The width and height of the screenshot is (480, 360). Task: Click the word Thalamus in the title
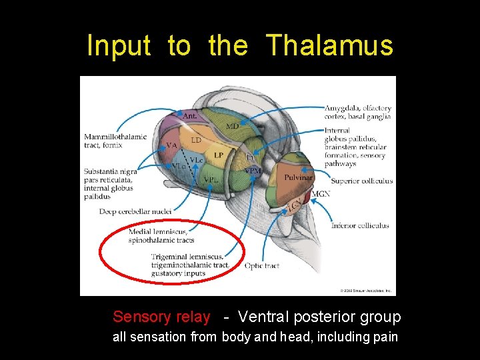point(330,46)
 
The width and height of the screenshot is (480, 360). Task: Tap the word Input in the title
point(119,46)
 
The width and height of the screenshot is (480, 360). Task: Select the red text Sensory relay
point(161,317)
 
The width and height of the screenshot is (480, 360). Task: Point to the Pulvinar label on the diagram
point(298,177)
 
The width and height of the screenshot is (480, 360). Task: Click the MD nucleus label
point(232,126)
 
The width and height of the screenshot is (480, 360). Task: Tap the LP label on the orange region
point(218,155)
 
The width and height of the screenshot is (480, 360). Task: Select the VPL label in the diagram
point(211,180)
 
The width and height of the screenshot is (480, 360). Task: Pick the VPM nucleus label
point(253,171)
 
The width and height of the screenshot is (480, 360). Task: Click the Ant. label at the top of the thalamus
point(189,116)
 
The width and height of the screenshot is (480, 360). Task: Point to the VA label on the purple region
point(171,145)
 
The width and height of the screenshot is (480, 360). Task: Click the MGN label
point(321,194)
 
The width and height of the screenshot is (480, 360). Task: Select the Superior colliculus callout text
point(362,181)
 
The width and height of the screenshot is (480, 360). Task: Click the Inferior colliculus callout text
point(360,225)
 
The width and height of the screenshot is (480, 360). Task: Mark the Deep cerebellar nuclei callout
point(135,211)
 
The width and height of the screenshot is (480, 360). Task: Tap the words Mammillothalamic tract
point(115,137)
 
